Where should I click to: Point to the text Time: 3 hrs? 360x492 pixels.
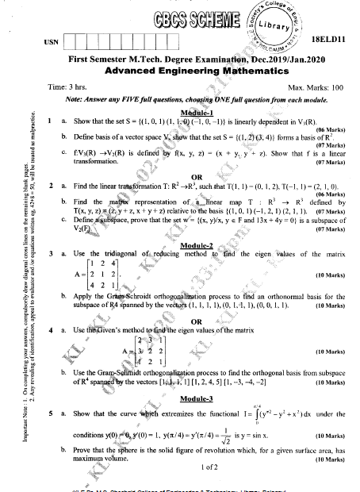[67, 86]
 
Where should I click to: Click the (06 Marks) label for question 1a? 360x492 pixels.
[329, 129]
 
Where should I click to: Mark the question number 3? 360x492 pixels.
[50, 254]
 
